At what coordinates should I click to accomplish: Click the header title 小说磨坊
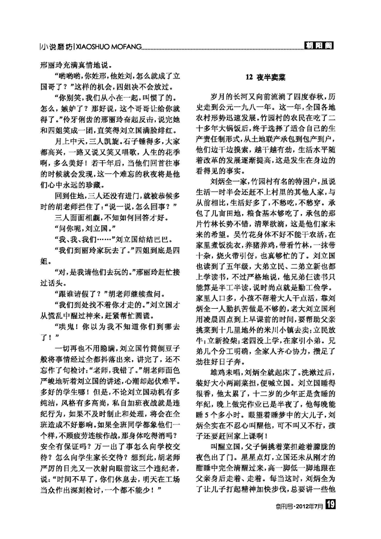[x=57, y=46]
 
